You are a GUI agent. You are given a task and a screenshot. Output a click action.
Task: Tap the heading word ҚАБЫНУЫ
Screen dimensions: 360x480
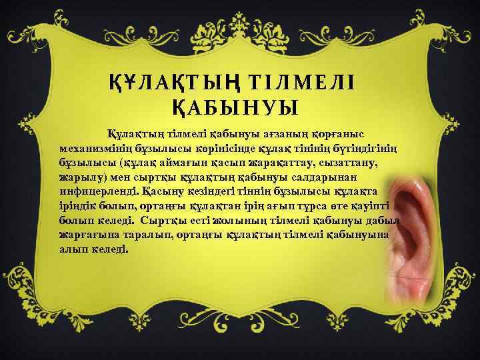pos(233,107)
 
